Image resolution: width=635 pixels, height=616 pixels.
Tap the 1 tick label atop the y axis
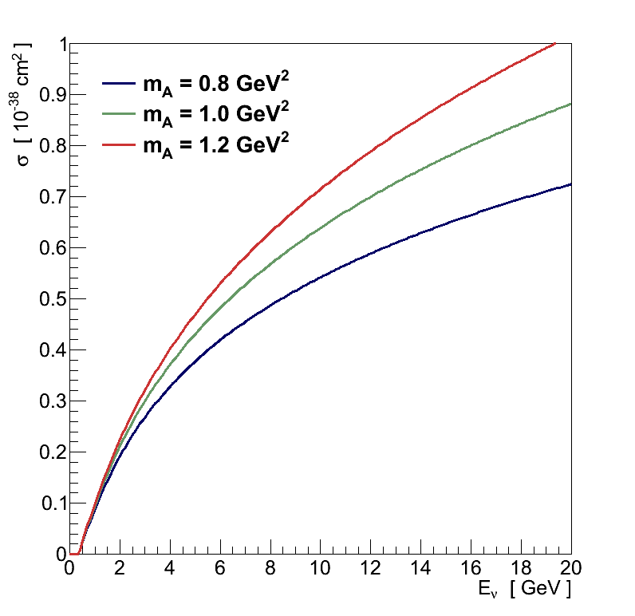click(x=58, y=44)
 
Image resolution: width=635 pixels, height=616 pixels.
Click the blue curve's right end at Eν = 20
click(x=570, y=184)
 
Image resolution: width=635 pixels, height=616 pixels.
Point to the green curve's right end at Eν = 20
click(x=570, y=104)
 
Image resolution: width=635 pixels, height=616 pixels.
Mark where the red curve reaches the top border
click(x=555, y=44)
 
